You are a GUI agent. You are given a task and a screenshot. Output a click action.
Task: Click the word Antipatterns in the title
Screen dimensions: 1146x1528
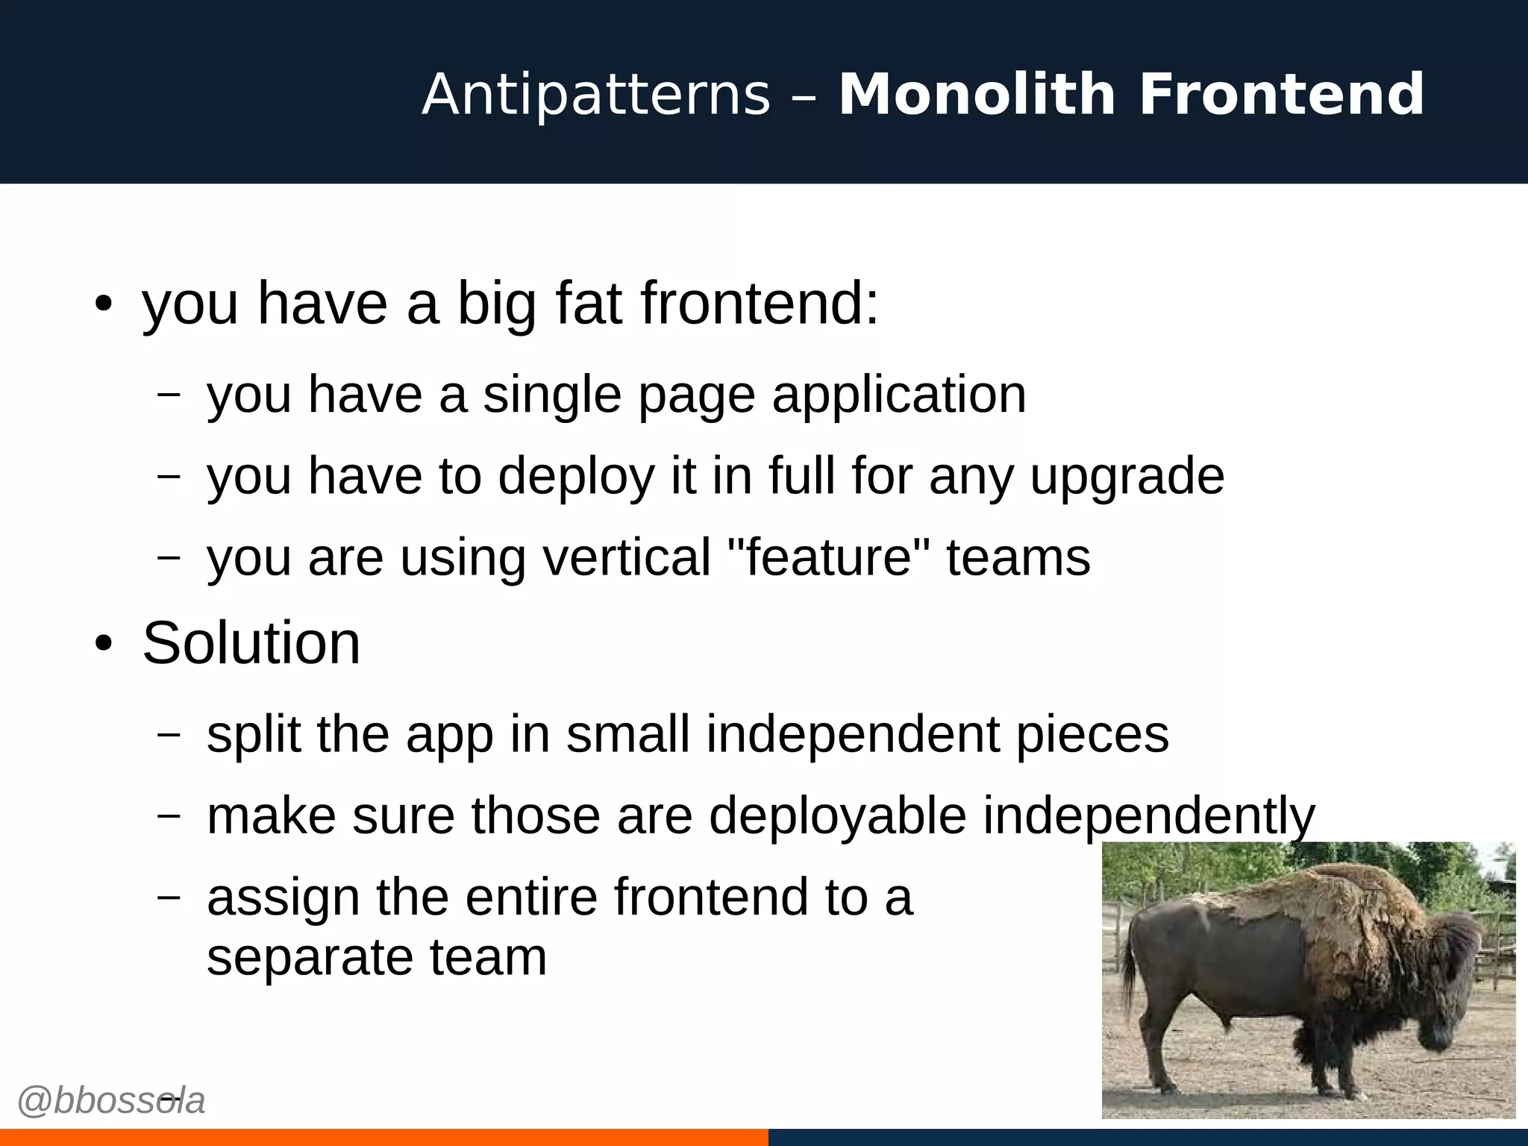click(595, 95)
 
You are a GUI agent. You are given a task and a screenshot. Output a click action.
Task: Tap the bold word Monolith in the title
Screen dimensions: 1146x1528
click(977, 95)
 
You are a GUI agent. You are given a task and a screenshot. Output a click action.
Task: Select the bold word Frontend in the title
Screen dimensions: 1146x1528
click(1281, 95)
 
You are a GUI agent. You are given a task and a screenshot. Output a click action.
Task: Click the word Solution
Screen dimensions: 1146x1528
click(251, 643)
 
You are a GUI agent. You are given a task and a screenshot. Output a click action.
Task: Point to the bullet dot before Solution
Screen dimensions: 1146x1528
click(104, 644)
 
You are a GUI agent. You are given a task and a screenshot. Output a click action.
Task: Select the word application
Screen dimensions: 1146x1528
click(899, 395)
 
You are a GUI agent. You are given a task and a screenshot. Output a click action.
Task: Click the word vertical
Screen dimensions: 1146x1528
click(627, 557)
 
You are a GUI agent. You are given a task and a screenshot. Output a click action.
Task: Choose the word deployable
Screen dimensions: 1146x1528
click(837, 815)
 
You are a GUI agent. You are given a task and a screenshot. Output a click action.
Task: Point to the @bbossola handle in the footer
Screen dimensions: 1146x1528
click(110, 1101)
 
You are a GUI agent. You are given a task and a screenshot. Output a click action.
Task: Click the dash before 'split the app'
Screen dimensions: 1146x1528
click(169, 734)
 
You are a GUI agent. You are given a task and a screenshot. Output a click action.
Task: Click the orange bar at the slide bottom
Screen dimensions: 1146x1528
click(383, 1137)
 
